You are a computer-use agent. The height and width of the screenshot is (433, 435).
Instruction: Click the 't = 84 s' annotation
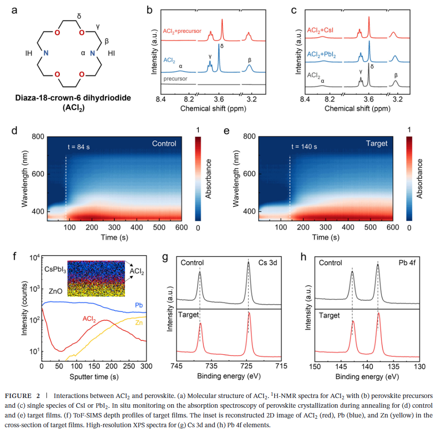[x=80, y=146]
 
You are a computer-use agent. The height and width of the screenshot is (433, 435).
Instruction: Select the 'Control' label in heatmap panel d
[x=164, y=143]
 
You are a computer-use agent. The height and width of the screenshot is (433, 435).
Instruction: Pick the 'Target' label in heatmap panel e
[x=377, y=143]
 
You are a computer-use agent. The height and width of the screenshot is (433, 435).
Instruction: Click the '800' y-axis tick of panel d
[x=38, y=137]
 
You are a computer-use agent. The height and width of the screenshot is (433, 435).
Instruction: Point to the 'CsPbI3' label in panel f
[x=55, y=269]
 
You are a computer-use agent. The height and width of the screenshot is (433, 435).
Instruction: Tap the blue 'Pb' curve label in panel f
[x=138, y=305]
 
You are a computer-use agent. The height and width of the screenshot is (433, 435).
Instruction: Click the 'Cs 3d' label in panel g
[x=268, y=263]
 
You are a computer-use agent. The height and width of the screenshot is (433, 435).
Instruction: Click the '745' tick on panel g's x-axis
[x=177, y=366]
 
